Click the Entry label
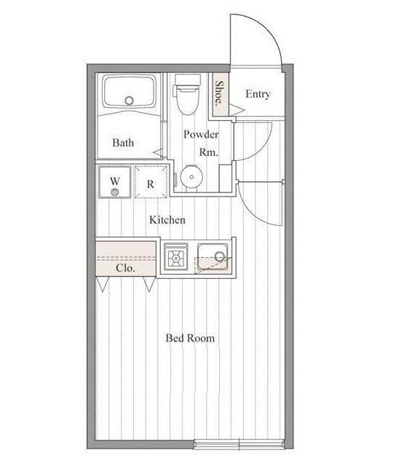coord(258,95)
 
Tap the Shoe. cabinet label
coord(219,93)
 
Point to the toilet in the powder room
coord(188,94)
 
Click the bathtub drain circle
coord(129,101)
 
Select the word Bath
coord(123,143)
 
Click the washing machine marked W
coord(115,182)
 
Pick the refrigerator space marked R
coord(151,182)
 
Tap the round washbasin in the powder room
coord(191,177)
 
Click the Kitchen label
coord(167,220)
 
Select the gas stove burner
coord(175,258)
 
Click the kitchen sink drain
coord(220,256)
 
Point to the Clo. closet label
coord(125,268)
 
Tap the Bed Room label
coord(190,338)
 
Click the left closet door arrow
coord(103,284)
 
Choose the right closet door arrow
coord(149,284)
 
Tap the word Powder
coord(201,135)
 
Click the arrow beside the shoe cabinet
coord(237,110)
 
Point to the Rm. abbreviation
coord(209,152)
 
